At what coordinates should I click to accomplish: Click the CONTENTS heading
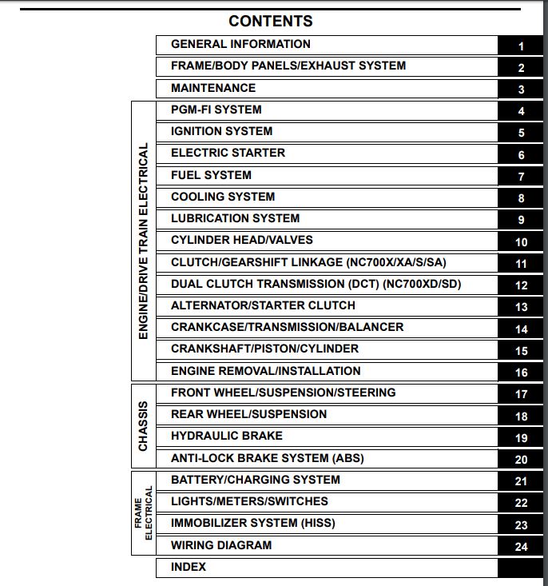point(270,21)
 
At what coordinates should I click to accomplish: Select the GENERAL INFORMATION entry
point(240,44)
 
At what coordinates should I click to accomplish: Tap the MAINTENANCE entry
point(213,88)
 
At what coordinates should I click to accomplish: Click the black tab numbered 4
point(521,112)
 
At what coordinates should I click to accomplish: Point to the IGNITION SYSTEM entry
point(221,131)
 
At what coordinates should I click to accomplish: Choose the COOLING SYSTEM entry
point(223,197)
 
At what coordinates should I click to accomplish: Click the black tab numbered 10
point(521,242)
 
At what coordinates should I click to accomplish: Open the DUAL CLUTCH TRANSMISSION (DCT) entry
point(316,284)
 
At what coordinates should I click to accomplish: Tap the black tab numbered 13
point(521,307)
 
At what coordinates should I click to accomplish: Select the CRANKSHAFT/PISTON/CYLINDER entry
point(264,349)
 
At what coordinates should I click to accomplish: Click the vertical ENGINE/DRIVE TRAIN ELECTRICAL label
point(144,241)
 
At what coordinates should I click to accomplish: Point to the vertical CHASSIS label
point(144,425)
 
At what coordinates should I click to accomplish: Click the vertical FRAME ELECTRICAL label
point(144,512)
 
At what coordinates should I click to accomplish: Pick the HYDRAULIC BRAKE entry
point(226,436)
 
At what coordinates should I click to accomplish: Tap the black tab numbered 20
point(521,460)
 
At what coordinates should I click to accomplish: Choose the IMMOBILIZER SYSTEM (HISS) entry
point(252,523)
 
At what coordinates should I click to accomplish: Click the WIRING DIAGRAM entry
point(221,545)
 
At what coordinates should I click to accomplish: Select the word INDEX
point(189,567)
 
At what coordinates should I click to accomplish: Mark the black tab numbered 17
point(521,394)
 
